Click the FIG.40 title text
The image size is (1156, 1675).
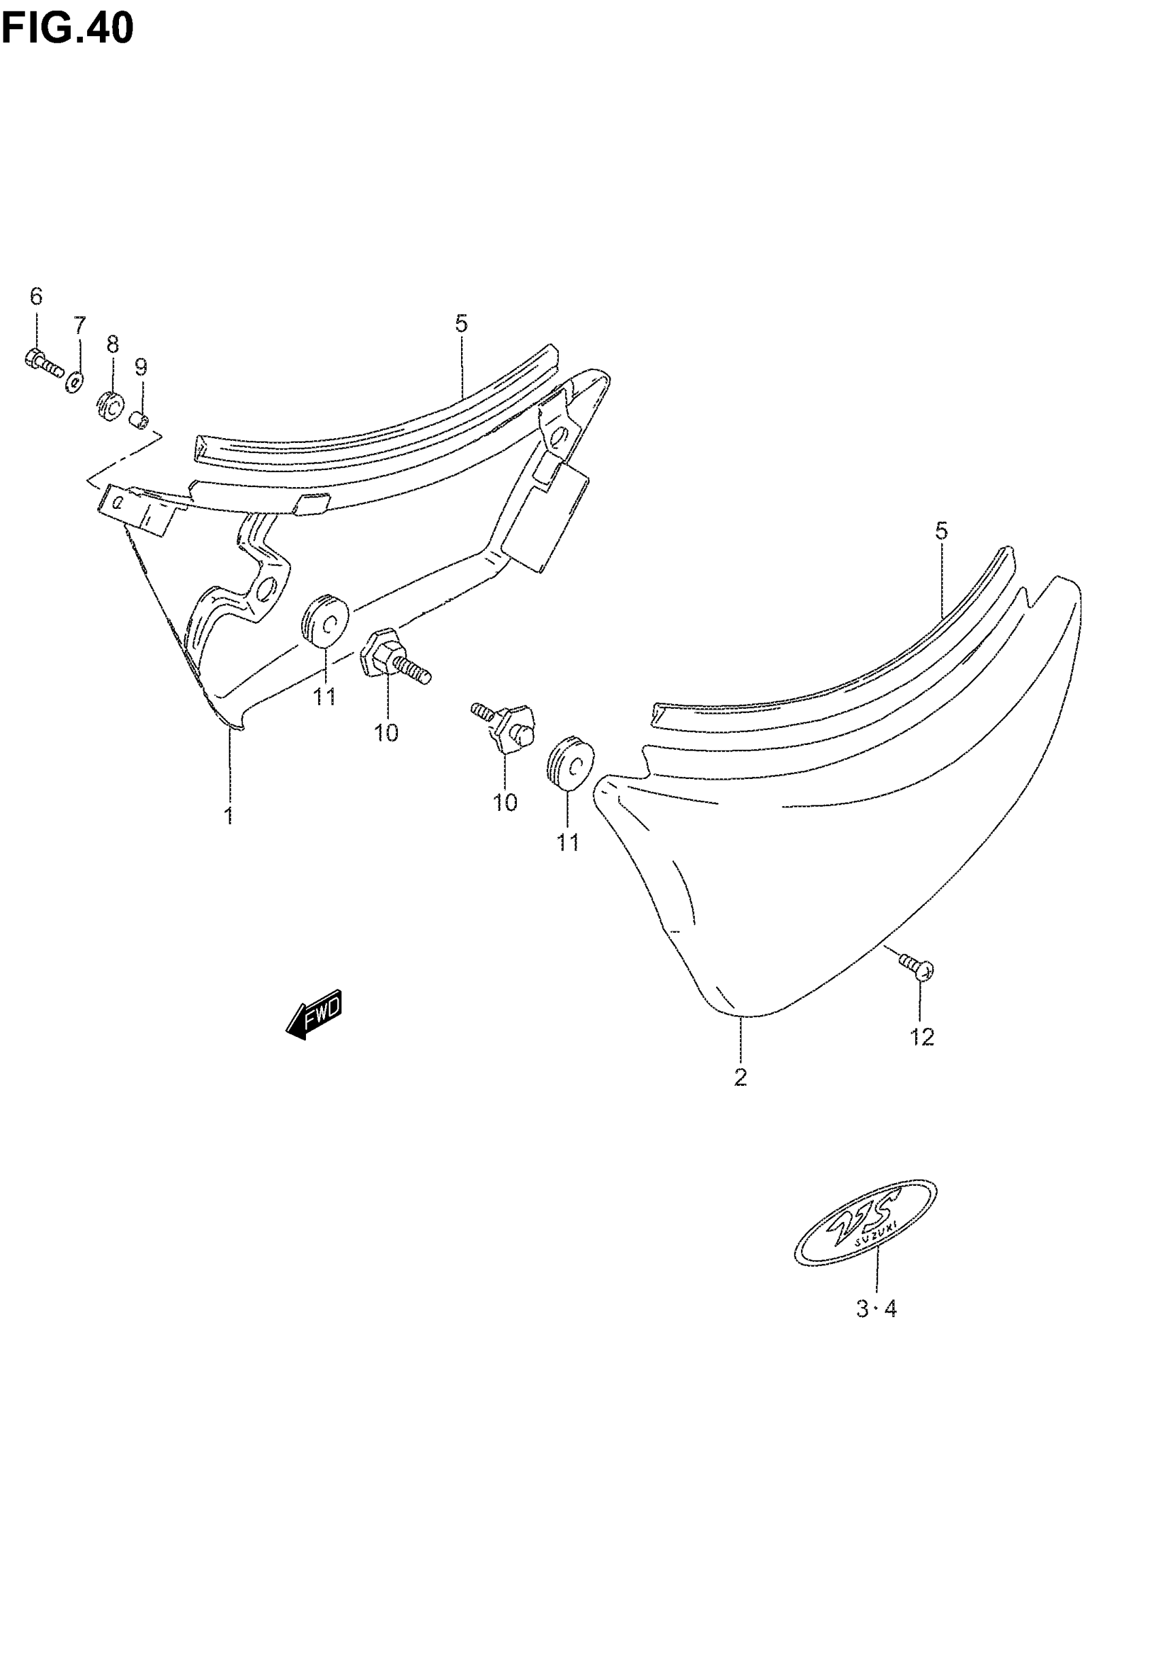pos(67,29)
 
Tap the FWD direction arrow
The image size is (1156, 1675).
pos(313,1014)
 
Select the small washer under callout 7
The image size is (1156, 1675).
pos(75,382)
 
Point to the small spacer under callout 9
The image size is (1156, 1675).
pos(140,420)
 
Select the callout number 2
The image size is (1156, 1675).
pos(740,1079)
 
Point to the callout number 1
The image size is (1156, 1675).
pos(229,816)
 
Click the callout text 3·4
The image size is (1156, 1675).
pos(877,1310)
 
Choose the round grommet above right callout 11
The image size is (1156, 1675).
pos(569,761)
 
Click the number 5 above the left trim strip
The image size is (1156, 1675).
pos(462,324)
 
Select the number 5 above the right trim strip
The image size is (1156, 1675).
pos(941,532)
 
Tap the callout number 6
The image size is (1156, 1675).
pos(36,297)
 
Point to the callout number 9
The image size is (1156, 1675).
pos(141,368)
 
